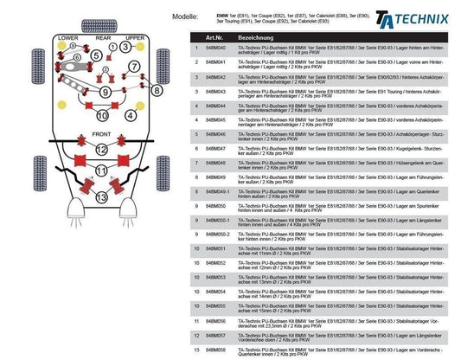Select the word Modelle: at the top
[x=188, y=16]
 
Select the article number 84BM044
[x=215, y=108]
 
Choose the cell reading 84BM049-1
[x=217, y=191]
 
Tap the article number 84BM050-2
[x=217, y=234]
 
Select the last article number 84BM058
[x=215, y=349]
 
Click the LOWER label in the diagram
[x=67, y=39]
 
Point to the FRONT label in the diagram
[x=101, y=135]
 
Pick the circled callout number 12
[x=102, y=150]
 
